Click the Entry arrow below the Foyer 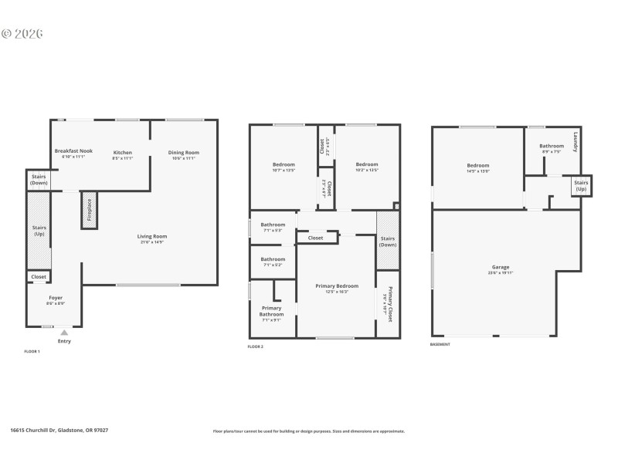[x=64, y=333]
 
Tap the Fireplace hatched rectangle [x=88, y=211]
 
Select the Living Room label [x=153, y=237]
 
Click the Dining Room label [x=184, y=152]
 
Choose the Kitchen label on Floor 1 [x=123, y=152]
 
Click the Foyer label [x=56, y=297]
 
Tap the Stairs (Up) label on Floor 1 [x=39, y=231]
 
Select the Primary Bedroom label [x=337, y=286]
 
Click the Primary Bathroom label [x=271, y=311]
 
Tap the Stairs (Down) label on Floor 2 [x=388, y=241]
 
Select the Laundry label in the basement [x=575, y=142]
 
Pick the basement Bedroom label [x=477, y=165]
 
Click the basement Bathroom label [x=552, y=146]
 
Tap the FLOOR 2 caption [x=256, y=347]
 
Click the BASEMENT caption [x=440, y=344]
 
